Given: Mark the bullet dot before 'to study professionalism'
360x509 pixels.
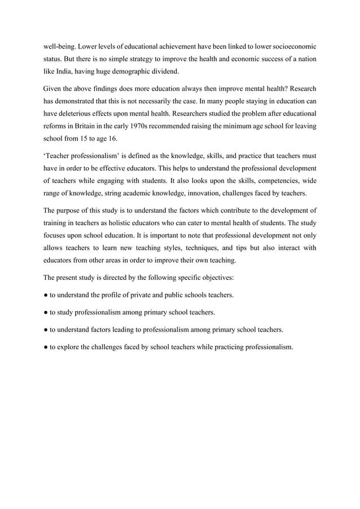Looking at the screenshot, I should point(46,311).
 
